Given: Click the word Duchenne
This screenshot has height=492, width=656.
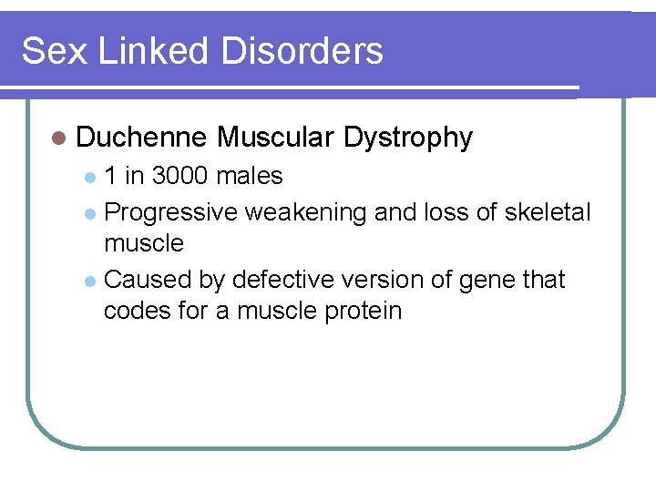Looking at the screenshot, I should (x=141, y=138).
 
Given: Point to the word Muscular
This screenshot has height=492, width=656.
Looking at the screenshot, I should (x=276, y=138).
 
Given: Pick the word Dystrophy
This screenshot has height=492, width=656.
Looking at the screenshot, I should (x=408, y=138).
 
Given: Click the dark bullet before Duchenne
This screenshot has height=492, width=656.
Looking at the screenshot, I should (x=59, y=138).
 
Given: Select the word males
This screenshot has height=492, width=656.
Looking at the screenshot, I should (x=251, y=175).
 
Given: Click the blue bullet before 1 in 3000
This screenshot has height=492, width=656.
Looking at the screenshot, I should (x=88, y=176).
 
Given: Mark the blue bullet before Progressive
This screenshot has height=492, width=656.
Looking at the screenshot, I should (x=88, y=213).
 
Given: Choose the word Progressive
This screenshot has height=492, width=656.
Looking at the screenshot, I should (x=171, y=213).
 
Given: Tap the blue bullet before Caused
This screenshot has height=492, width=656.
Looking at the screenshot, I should (x=88, y=281).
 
